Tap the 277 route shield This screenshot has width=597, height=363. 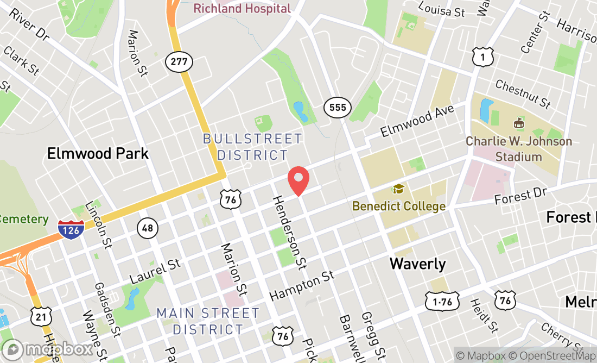pos(179,62)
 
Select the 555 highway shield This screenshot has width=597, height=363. pos(338,108)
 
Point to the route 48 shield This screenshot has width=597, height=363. pos(148,228)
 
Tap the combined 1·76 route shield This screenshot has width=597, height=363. pos(442,301)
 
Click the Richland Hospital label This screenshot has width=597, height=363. pos(242,8)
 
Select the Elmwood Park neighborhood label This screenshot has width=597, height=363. pos(98,153)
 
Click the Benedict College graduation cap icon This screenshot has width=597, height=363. pos(399,190)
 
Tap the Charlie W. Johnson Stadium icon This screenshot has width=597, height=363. pos(519,123)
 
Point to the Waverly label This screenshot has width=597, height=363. pos(418,264)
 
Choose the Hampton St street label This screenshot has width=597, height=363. pos(302,286)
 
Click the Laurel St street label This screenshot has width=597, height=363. pos(155,271)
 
